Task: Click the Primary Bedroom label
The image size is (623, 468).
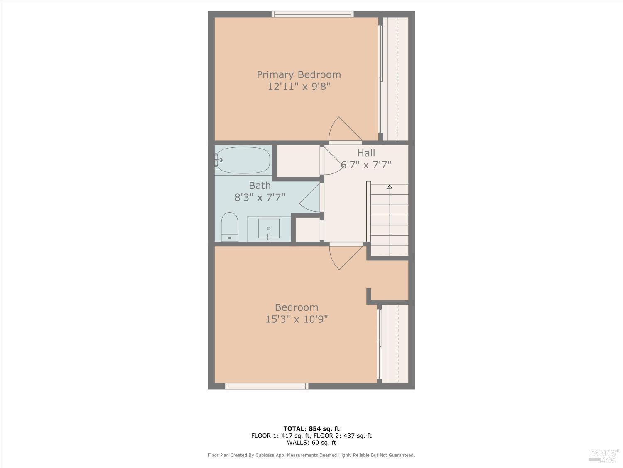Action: pyautogui.click(x=299, y=74)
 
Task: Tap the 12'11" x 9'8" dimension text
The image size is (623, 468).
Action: pyautogui.click(x=299, y=87)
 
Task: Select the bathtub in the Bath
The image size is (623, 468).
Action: pyautogui.click(x=243, y=160)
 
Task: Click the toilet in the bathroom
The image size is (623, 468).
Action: pyautogui.click(x=229, y=227)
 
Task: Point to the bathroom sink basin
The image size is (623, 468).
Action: pyautogui.click(x=269, y=228)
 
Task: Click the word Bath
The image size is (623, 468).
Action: pyautogui.click(x=260, y=186)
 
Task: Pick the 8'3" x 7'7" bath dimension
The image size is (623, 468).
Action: pyautogui.click(x=260, y=197)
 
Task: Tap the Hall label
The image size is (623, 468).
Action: pyautogui.click(x=366, y=153)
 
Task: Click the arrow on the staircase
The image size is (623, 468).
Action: pyautogui.click(x=390, y=187)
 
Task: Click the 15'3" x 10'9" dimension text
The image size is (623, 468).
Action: pyautogui.click(x=297, y=319)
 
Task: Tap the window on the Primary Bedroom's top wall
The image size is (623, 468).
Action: pyautogui.click(x=312, y=14)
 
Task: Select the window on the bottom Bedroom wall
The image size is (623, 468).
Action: pyautogui.click(x=267, y=386)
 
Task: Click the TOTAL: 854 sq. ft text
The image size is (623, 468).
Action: pyautogui.click(x=311, y=428)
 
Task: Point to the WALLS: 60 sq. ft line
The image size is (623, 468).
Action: pyautogui.click(x=311, y=443)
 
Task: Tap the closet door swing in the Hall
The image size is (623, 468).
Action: pyautogui.click(x=332, y=162)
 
